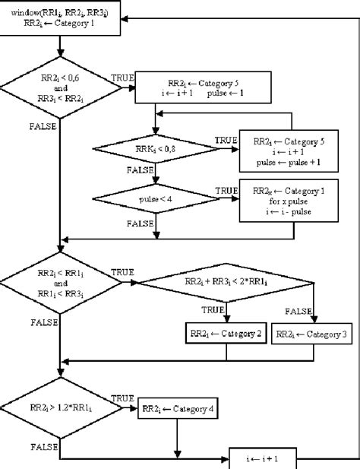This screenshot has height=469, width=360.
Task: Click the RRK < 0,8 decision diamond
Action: coord(155,147)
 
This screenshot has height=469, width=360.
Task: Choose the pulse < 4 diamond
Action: coord(155,198)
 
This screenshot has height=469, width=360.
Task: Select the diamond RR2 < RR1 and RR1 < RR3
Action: coord(59,283)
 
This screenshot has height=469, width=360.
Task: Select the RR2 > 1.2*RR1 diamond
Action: coord(59,410)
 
